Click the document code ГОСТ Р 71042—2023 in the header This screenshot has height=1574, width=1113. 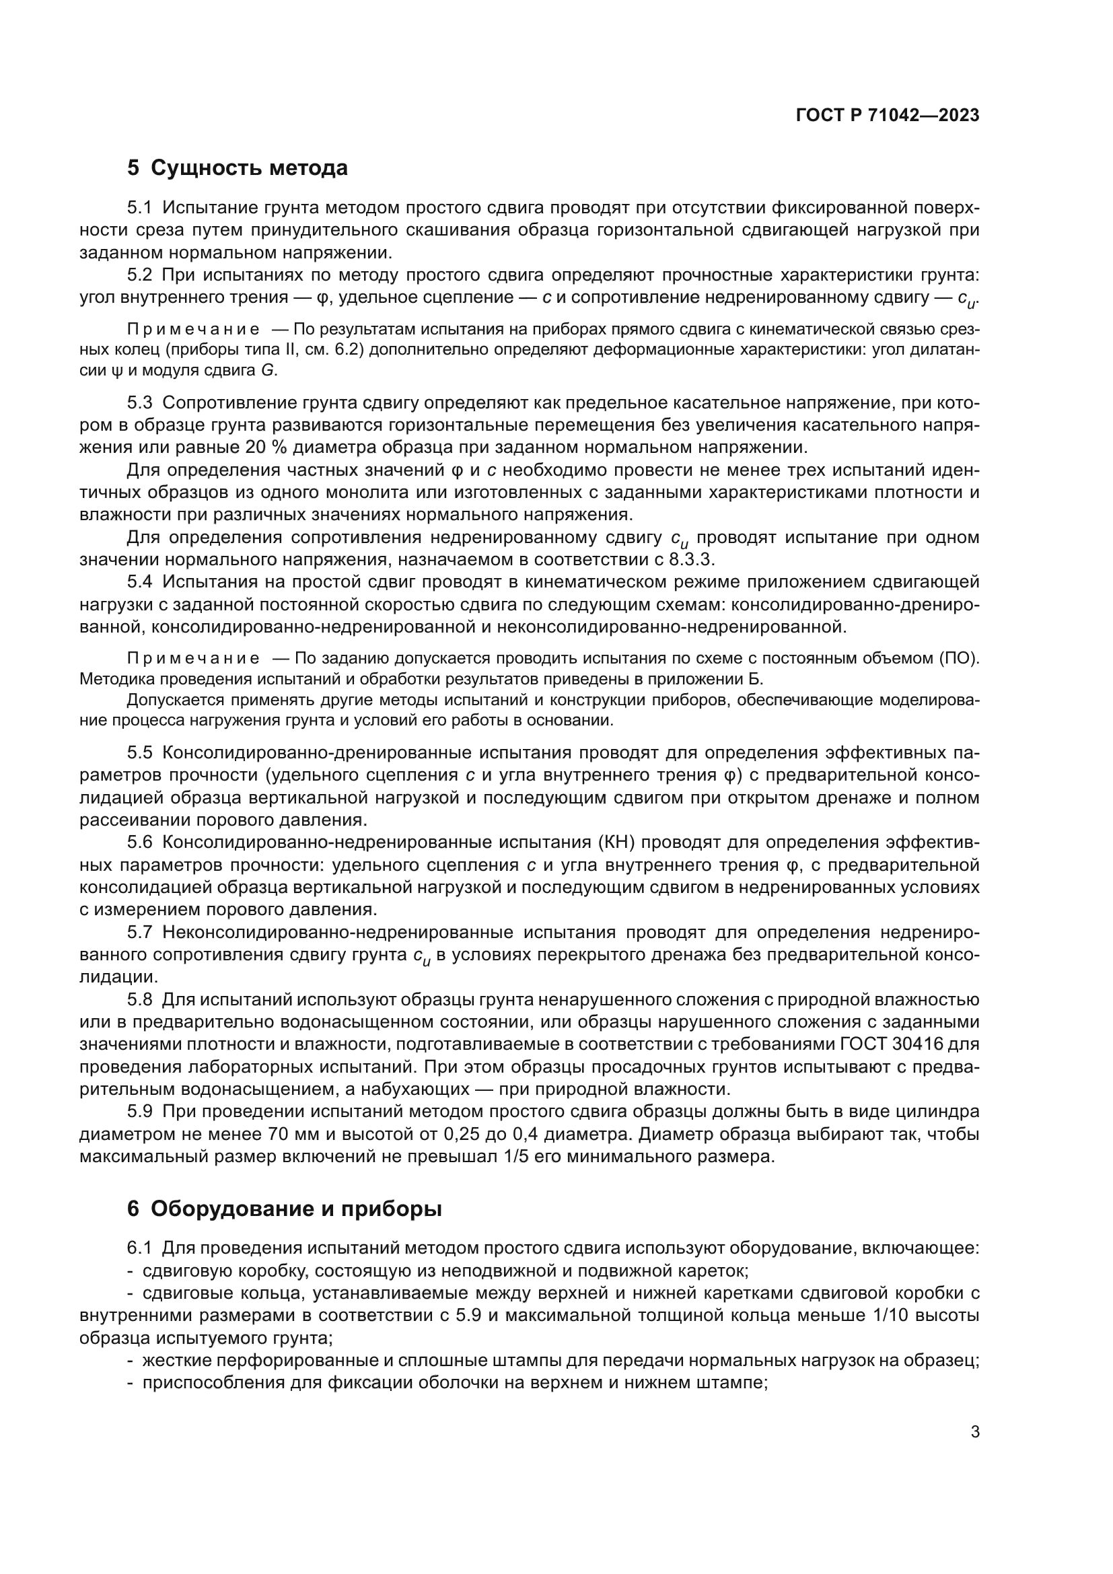(x=888, y=115)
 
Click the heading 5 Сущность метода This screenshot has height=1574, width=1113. (x=237, y=168)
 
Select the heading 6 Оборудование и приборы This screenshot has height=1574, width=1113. (x=284, y=1209)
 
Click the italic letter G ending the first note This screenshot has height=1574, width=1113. (x=267, y=371)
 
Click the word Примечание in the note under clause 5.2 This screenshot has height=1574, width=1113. (x=193, y=330)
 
